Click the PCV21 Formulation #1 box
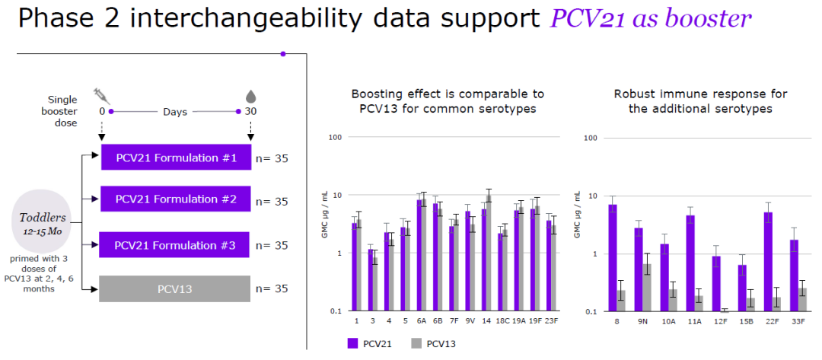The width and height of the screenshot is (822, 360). (176, 158)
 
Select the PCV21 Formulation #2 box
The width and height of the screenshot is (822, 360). (176, 199)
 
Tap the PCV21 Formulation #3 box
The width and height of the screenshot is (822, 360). (176, 245)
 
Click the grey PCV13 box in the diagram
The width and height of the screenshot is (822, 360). (176, 288)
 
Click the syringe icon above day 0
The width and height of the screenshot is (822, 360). (102, 96)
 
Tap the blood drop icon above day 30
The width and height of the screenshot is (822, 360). (250, 96)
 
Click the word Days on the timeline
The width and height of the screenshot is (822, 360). (174, 111)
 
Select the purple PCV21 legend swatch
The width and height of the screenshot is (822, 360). (353, 343)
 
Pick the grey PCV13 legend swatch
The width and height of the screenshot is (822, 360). (417, 343)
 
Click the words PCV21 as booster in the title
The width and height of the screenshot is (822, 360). (651, 19)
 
